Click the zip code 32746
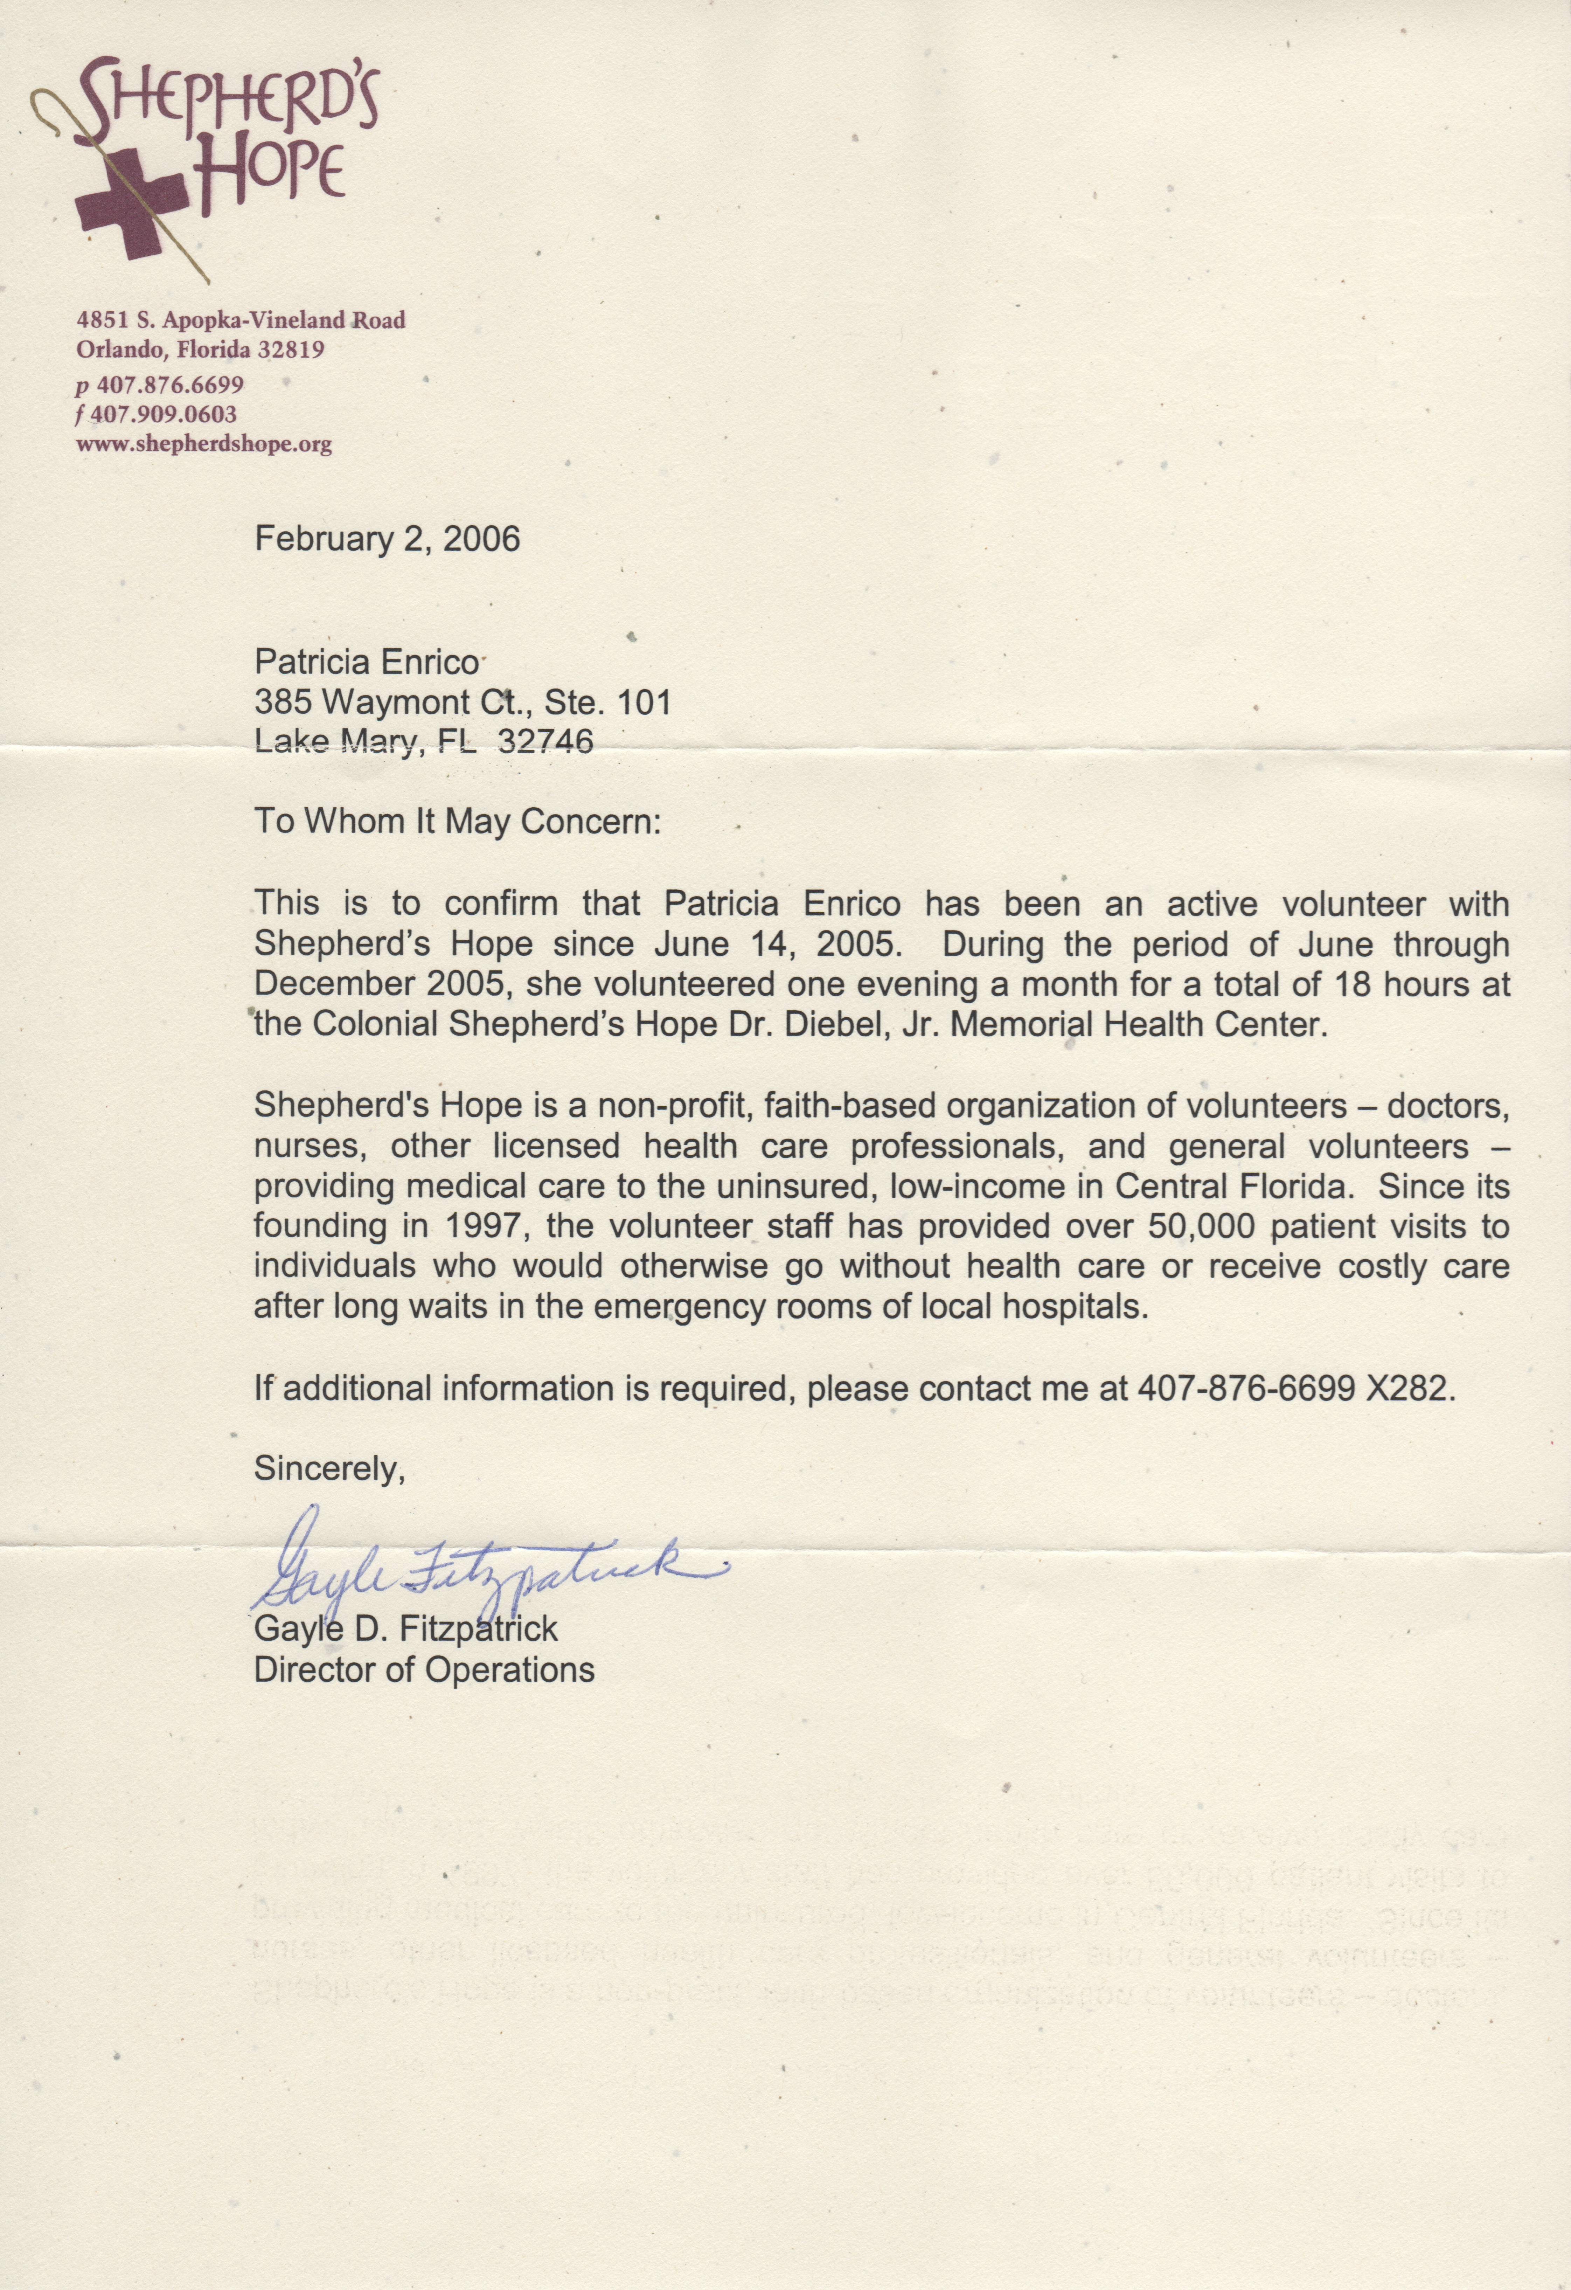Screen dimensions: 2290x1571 click(547, 741)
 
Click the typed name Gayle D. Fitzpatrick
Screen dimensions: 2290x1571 click(406, 1629)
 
